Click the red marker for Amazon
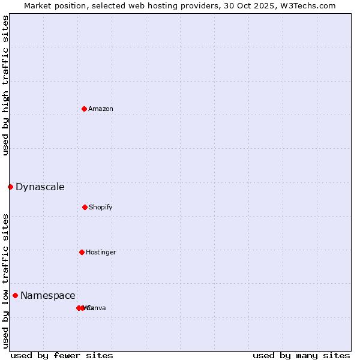84,109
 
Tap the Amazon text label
101,109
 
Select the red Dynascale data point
10,187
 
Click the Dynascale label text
40,187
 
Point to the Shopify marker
85,207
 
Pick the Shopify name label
101,207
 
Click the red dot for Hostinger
82,252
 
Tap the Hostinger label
101,252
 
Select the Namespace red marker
15,295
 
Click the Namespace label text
47,295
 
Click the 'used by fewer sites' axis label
62,355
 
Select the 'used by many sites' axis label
301,355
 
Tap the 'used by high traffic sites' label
6,85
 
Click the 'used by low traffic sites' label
6,281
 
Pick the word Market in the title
37,6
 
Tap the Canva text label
97,308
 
